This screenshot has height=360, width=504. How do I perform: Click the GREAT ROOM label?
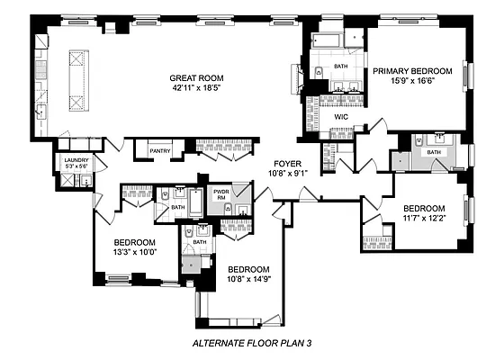(x=196, y=78)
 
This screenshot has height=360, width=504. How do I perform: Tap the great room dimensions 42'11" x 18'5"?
(x=196, y=88)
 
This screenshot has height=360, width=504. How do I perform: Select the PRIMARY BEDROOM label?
(x=412, y=71)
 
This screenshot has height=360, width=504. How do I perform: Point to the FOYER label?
(x=287, y=164)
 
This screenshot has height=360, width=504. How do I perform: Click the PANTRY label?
(x=160, y=151)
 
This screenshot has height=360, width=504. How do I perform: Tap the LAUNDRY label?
(x=76, y=160)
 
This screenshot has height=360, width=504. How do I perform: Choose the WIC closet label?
(x=341, y=117)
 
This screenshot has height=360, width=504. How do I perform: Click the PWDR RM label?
(x=221, y=194)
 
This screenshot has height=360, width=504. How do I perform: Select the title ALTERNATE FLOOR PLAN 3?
(x=252, y=343)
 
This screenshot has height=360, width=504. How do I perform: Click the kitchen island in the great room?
(x=79, y=81)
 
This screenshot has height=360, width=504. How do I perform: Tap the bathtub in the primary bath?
(x=326, y=40)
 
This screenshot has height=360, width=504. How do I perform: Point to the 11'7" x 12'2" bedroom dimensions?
(x=424, y=218)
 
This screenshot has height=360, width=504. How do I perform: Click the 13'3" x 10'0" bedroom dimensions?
(x=135, y=252)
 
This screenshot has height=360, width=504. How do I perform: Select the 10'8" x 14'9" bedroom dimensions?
(x=249, y=279)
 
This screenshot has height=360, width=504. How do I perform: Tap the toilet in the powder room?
(x=228, y=209)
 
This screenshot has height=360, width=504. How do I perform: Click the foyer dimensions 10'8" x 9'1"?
(x=288, y=173)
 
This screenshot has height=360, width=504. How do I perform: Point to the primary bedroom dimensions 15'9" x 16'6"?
(x=412, y=80)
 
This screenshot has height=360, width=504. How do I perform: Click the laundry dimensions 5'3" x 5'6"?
(x=76, y=166)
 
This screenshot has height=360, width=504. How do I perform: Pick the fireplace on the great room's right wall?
(x=297, y=79)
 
